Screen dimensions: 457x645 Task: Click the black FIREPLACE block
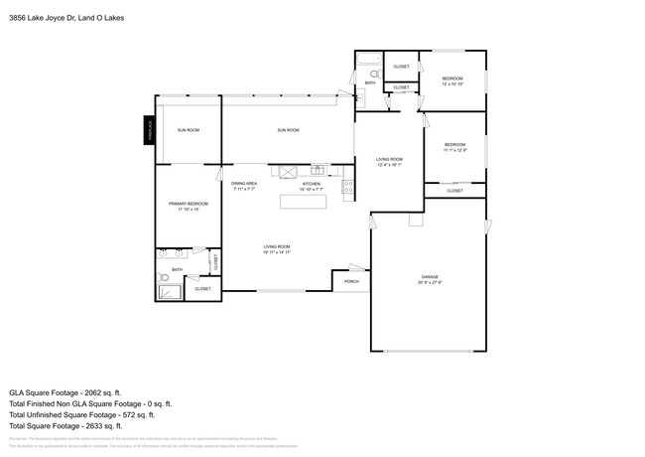tap(148, 131)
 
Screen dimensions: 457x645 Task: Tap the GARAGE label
tap(429, 276)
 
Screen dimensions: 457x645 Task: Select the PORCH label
tap(351, 281)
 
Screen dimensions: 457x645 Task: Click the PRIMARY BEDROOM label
tap(188, 204)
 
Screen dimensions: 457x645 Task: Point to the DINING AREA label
tap(245, 183)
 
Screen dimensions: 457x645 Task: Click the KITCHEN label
tap(312, 183)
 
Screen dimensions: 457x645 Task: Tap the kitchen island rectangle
tap(307, 202)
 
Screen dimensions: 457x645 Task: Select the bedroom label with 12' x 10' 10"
tap(452, 77)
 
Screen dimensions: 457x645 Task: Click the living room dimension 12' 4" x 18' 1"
tap(388, 165)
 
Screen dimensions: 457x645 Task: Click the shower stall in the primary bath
tap(170, 292)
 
